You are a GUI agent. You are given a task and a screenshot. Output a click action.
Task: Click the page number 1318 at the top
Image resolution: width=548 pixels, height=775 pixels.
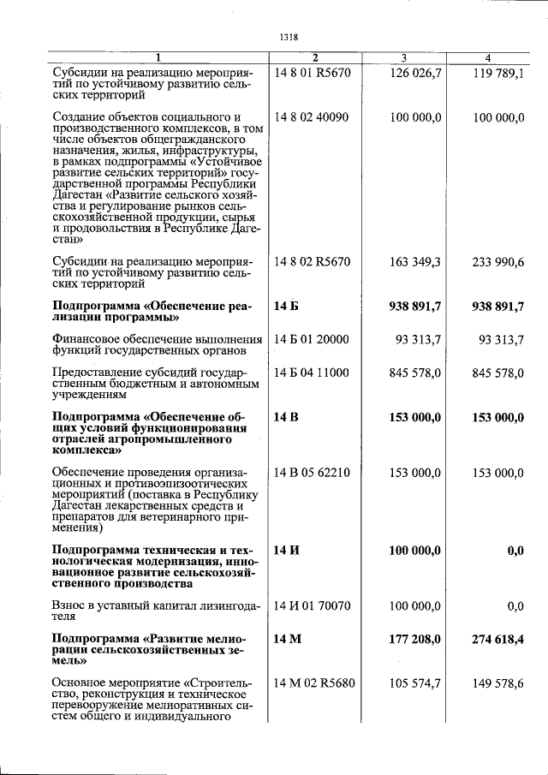(289, 37)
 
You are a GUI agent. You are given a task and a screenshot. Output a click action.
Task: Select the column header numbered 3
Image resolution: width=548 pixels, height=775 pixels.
(403, 57)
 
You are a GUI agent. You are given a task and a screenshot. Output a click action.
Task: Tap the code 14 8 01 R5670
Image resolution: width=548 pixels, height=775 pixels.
(312, 74)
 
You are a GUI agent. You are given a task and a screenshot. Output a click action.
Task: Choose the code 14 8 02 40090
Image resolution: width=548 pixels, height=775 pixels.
(312, 117)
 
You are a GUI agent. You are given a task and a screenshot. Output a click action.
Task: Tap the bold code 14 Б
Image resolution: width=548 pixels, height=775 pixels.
(288, 306)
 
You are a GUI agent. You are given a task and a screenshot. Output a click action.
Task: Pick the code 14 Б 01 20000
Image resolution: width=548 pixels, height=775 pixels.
(312, 340)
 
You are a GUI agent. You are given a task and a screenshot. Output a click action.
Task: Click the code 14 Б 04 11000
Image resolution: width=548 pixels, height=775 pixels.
(312, 373)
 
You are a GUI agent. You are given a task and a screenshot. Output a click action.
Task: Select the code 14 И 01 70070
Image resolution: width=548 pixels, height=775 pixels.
(313, 606)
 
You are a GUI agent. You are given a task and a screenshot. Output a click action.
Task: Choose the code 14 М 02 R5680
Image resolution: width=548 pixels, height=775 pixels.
(313, 683)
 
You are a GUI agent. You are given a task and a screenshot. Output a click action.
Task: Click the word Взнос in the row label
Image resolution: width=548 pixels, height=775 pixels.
(69, 606)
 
